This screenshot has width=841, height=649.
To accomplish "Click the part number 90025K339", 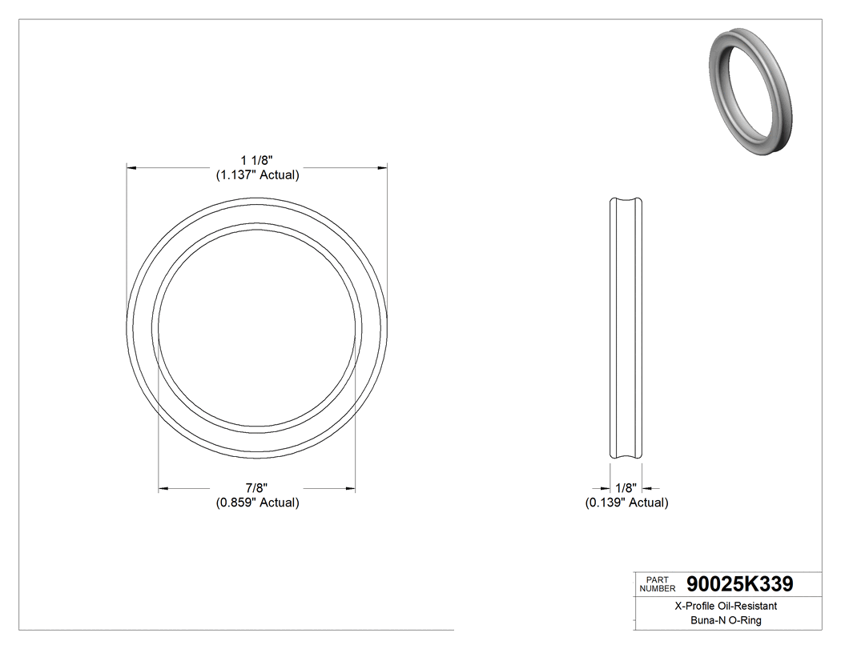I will coord(739,583).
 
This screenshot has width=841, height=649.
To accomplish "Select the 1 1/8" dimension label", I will coord(257,161).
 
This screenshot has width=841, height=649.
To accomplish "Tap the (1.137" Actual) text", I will coord(257,175).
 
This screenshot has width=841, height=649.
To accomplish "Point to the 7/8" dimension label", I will coord(257,488).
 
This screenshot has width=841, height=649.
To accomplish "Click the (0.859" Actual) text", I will coord(257,503).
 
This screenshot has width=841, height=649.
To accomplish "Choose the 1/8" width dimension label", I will coord(626,488).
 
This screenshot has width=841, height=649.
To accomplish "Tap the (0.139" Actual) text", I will coord(626,503).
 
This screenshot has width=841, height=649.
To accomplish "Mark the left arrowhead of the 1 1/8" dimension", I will coord(132,168).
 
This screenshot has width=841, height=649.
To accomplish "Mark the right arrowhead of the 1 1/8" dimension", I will coord(382,168).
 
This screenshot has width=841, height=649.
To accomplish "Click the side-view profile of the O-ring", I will coord(626,328).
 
